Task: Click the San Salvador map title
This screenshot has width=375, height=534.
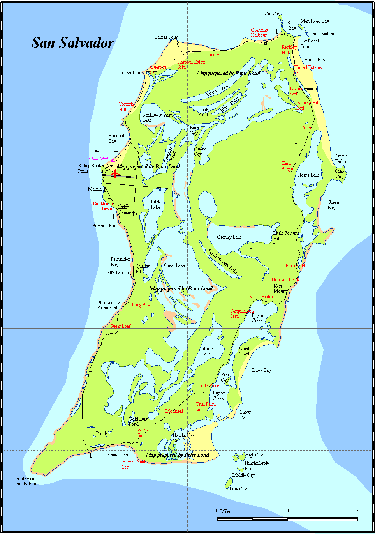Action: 72,42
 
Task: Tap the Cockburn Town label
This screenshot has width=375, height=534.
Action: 103,206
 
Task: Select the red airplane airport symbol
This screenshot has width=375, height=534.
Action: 115,173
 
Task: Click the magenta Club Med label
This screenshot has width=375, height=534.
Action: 99,159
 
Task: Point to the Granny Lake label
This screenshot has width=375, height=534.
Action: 229,237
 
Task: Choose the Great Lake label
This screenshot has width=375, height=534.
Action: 174,265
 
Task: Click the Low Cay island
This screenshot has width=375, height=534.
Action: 229,483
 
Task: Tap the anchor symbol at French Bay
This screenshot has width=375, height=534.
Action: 90,455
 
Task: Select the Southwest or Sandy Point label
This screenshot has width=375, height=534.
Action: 28,481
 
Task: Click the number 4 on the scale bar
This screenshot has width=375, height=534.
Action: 358,511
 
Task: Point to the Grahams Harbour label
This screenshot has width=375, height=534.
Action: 259,32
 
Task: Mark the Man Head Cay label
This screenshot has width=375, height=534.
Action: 315,21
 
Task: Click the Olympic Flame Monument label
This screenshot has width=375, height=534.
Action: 111,305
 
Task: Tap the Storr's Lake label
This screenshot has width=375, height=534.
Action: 308,175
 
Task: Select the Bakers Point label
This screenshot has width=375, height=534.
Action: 166,37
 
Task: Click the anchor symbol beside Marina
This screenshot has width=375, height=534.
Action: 104,189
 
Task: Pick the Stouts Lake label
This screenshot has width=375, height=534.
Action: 207,351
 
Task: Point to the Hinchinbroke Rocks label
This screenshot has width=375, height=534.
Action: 257,466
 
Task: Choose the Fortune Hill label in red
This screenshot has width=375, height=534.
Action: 297,266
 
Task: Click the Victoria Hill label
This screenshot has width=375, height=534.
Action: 126,107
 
